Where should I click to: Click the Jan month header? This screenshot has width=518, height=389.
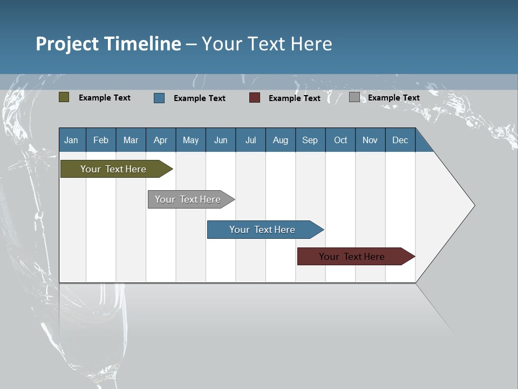click(72, 140)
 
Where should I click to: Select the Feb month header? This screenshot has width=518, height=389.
click(101, 140)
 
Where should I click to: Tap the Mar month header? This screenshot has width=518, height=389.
click(131, 140)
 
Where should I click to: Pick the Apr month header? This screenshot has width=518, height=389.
click(161, 140)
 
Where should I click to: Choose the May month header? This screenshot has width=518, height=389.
click(190, 140)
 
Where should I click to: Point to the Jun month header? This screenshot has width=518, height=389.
click(221, 140)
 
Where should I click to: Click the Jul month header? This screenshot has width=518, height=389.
click(250, 140)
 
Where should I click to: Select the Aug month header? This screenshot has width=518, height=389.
click(281, 140)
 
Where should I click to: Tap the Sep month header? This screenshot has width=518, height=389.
click(310, 140)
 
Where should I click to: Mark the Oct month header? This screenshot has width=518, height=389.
click(340, 140)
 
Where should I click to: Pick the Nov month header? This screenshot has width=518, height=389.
click(370, 140)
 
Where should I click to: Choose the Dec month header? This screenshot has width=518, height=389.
click(400, 140)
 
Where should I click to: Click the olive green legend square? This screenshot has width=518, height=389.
click(64, 97)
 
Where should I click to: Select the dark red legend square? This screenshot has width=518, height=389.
click(255, 98)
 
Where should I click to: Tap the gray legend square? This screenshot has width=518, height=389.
click(355, 97)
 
